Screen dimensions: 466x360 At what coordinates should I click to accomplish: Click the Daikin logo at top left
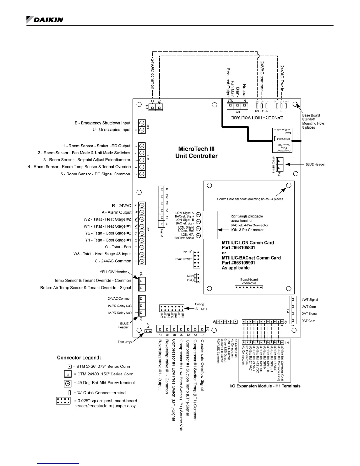pyautogui.click(x=45, y=19)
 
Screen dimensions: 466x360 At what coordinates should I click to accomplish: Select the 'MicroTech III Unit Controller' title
pyautogui.click(x=196, y=152)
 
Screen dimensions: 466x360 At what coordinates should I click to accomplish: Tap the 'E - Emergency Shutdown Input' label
pyautogui.click(x=102, y=123)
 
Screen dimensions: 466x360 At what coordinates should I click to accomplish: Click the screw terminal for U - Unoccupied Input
pyautogui.click(x=142, y=130)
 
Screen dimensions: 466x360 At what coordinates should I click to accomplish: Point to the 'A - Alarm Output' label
pyautogui.click(x=116, y=212)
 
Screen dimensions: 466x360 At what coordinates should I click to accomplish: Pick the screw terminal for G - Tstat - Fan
pyautogui.click(x=142, y=247)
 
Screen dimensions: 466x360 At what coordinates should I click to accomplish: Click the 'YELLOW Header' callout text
pyautogui.click(x=113, y=272)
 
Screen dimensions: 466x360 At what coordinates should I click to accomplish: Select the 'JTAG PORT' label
pyautogui.click(x=183, y=259)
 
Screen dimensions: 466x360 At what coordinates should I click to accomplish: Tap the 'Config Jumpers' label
pyautogui.click(x=201, y=306)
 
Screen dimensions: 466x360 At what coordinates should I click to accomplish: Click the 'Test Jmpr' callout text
pyautogui.click(x=125, y=342)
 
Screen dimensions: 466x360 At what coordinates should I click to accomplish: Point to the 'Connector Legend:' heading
pyautogui.click(x=79, y=358)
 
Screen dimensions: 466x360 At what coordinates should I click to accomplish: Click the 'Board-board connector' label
pyautogui.click(x=249, y=281)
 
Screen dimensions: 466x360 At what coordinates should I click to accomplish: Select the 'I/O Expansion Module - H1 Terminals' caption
pyautogui.click(x=265, y=386)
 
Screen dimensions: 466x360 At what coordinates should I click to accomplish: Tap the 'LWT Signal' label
pyautogui.click(x=310, y=300)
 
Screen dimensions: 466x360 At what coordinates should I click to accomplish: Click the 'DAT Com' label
pyautogui.click(x=308, y=321)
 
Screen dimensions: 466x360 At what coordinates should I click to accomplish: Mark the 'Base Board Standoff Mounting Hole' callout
pyautogui.click(x=313, y=121)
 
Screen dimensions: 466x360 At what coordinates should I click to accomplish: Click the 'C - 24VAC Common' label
pyautogui.click(x=113, y=261)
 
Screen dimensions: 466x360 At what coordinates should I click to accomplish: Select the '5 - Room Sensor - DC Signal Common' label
pyautogui.click(x=95, y=174)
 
